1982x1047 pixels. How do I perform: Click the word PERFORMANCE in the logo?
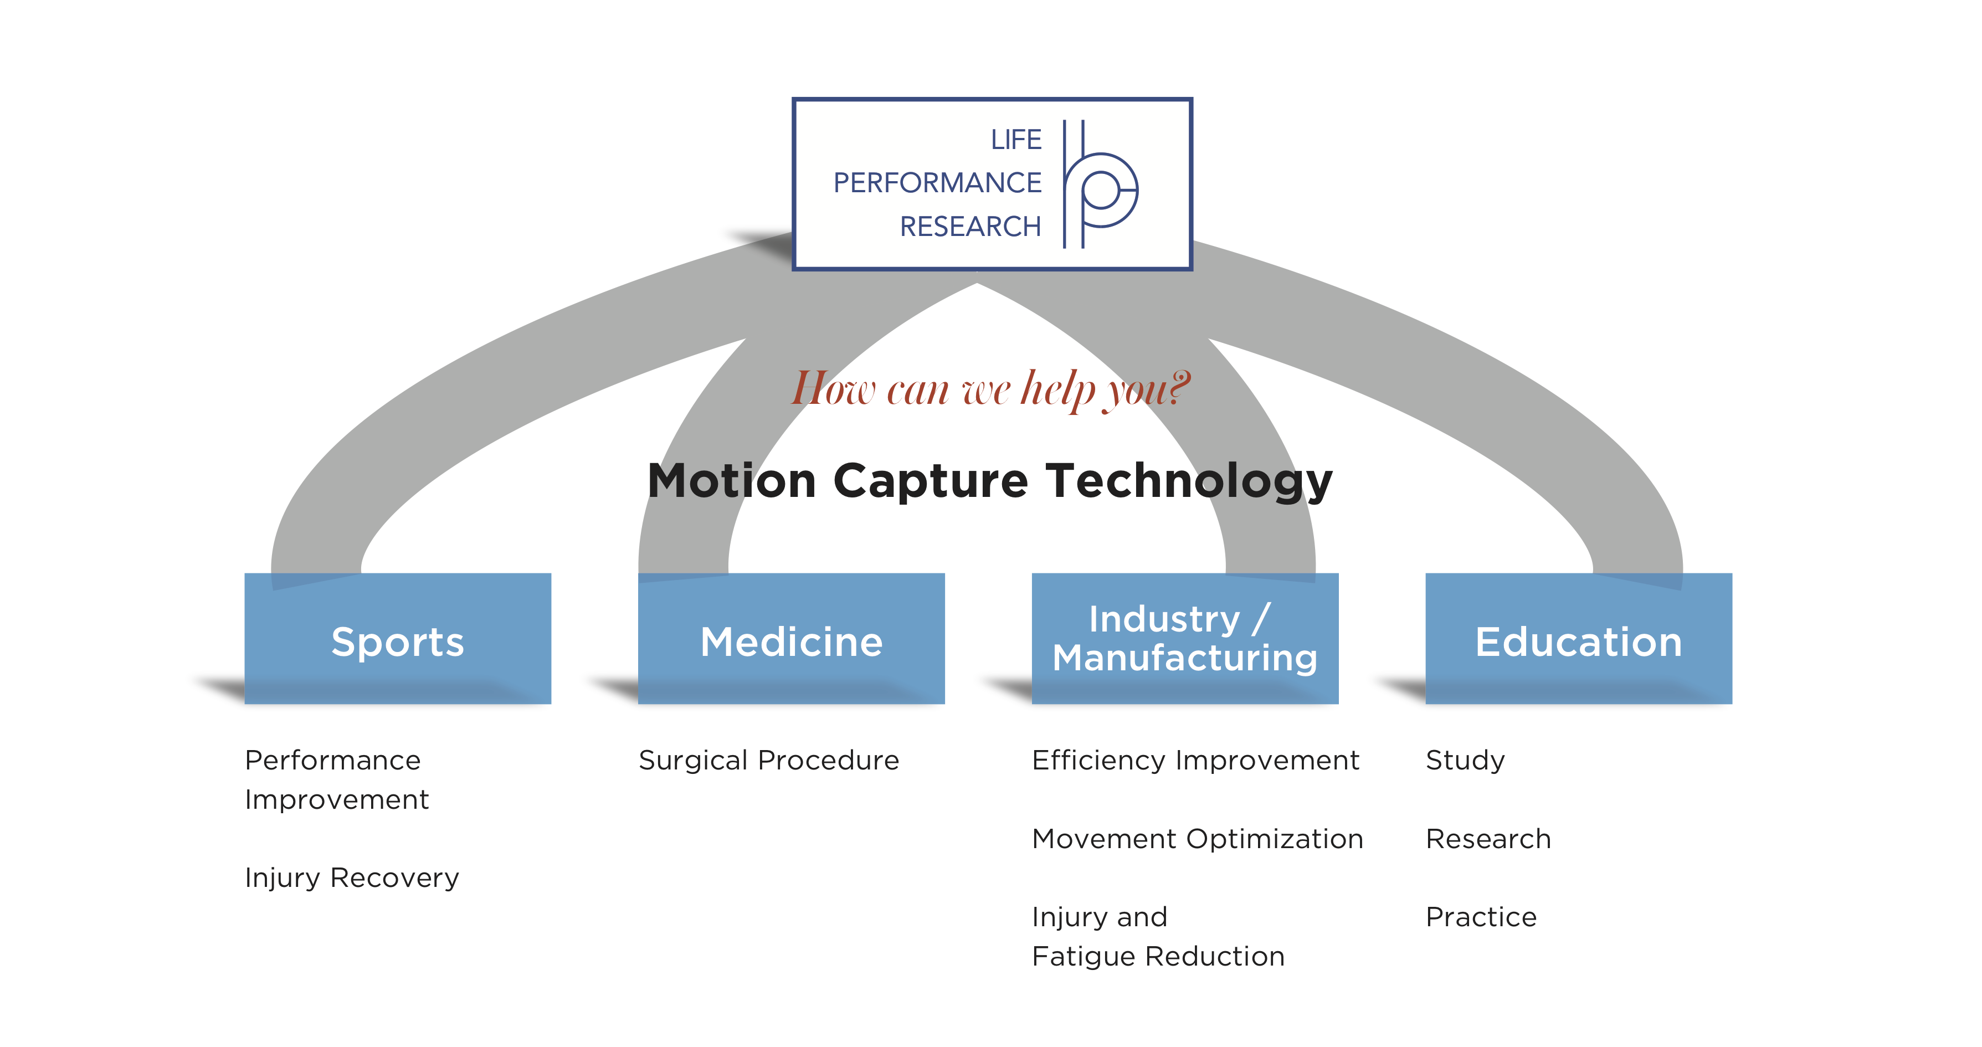[x=937, y=183]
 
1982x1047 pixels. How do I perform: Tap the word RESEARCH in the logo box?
[x=970, y=226]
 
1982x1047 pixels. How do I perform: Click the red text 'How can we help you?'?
[x=991, y=389]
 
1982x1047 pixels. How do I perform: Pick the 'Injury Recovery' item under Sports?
[x=352, y=877]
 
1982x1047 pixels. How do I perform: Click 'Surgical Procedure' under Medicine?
[x=769, y=760]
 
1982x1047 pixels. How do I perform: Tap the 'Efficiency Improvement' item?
[x=1195, y=760]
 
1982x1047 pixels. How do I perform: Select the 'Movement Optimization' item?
[x=1197, y=839]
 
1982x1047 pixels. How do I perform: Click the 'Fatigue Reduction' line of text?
[x=1158, y=956]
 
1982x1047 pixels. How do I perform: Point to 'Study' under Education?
[x=1465, y=760]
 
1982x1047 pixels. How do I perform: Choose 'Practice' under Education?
[x=1481, y=917]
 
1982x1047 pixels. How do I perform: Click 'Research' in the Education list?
[x=1488, y=839]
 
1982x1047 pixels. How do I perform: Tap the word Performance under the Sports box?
[x=332, y=760]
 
